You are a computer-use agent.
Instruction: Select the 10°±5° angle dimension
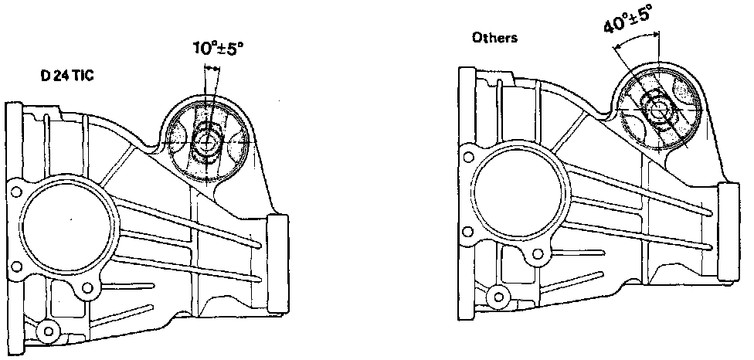[x=219, y=49]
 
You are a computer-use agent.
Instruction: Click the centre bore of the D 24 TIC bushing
[x=206, y=141]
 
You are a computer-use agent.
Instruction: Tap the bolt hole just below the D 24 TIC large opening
[x=87, y=288]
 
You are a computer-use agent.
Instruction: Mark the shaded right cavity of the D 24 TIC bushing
[x=236, y=139]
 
